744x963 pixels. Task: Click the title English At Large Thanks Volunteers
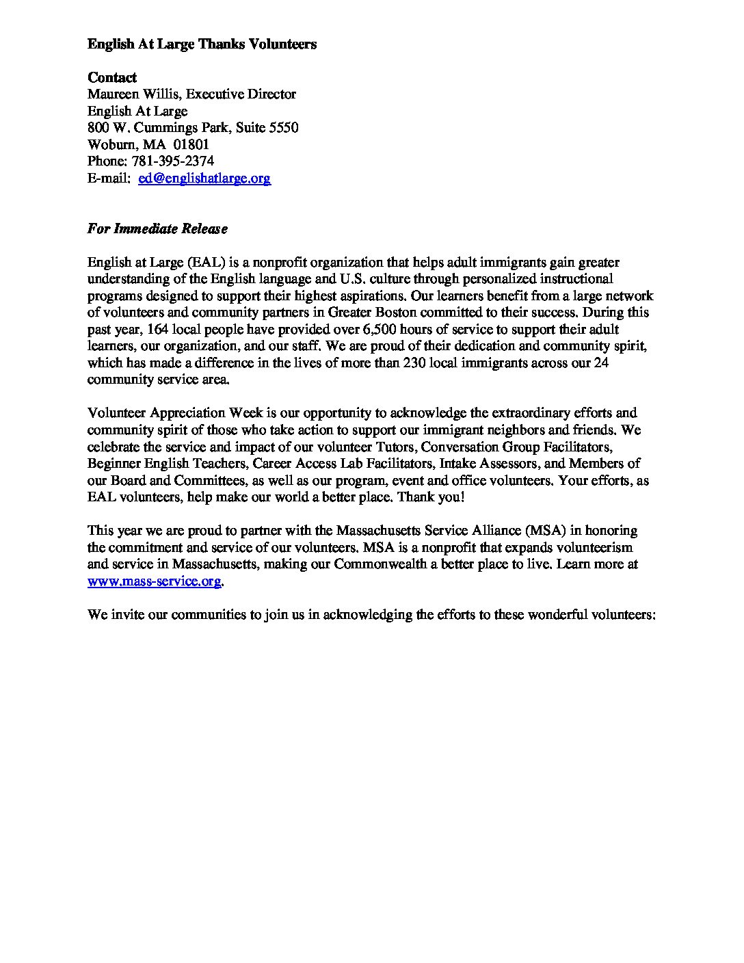click(202, 44)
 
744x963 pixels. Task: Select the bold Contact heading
click(112, 77)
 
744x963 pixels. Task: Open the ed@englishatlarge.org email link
click(204, 179)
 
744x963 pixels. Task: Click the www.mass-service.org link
click(155, 581)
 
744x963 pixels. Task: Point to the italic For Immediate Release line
click(157, 228)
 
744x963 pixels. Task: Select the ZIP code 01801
click(191, 145)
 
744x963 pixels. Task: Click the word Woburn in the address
click(110, 145)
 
